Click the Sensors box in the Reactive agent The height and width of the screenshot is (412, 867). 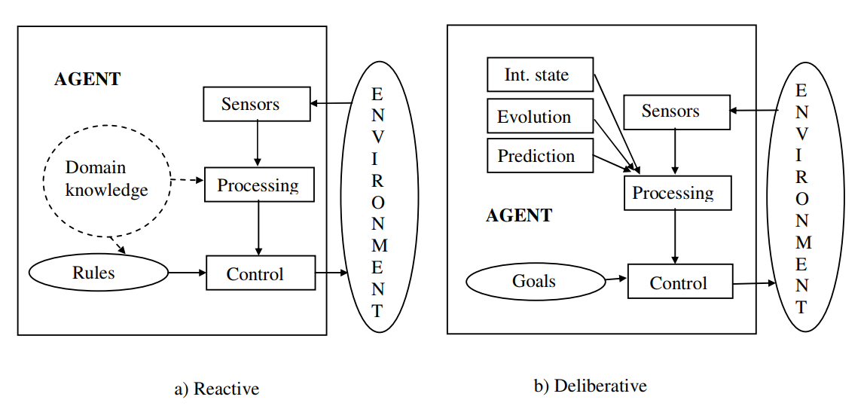[x=257, y=104]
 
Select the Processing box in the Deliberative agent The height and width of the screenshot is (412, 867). [x=677, y=193]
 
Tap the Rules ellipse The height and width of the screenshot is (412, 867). [x=99, y=273]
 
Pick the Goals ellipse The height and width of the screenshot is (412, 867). [x=535, y=282]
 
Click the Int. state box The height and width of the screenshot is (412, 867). [x=540, y=75]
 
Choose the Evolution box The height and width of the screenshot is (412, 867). [x=540, y=117]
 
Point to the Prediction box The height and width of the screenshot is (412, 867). [x=540, y=157]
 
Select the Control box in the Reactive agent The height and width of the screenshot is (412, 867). [x=261, y=273]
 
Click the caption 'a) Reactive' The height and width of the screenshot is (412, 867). [x=216, y=389]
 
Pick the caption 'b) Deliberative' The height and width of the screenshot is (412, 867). [x=590, y=386]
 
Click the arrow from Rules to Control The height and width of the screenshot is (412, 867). [x=187, y=273]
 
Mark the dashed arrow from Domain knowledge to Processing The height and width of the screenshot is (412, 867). [x=187, y=181]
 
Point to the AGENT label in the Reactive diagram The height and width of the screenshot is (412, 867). [x=87, y=79]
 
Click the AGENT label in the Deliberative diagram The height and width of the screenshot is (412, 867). [x=519, y=215]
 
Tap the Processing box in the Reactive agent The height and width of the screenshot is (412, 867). [x=258, y=185]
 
